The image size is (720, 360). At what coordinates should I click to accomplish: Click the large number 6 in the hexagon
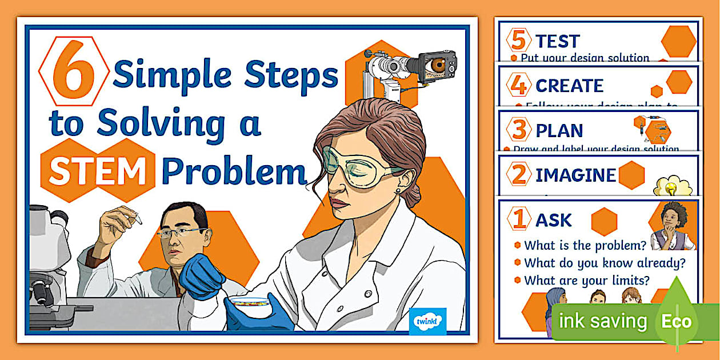click(74, 71)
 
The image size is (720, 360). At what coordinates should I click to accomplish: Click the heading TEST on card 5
click(557, 41)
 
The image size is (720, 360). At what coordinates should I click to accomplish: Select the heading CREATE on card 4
click(569, 86)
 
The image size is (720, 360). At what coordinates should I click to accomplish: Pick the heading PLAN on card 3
click(559, 130)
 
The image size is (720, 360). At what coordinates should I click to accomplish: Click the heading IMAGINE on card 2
click(575, 175)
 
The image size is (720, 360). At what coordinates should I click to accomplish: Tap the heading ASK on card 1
click(553, 220)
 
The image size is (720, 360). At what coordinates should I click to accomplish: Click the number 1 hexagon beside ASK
click(519, 219)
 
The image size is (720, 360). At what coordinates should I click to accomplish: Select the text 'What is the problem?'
click(585, 245)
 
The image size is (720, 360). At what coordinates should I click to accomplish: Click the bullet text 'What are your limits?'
click(587, 280)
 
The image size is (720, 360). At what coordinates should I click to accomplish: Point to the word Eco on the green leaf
click(677, 321)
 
